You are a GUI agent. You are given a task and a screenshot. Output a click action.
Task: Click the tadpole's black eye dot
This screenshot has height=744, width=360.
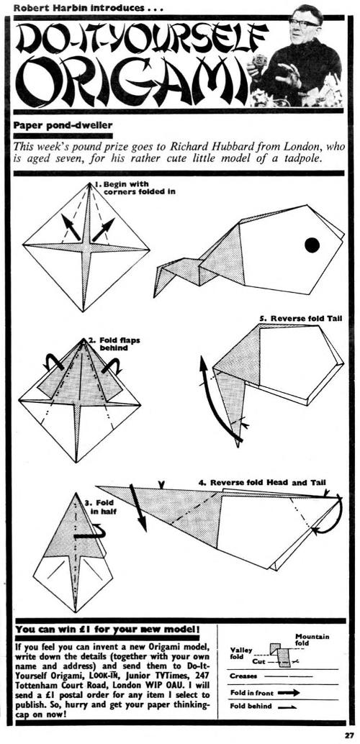(312, 245)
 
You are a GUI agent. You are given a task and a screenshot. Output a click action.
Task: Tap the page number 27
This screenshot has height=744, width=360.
(349, 735)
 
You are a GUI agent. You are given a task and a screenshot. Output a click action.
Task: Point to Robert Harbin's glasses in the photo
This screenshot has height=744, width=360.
(304, 22)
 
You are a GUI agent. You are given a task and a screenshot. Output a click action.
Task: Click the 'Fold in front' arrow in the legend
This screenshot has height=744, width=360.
(289, 692)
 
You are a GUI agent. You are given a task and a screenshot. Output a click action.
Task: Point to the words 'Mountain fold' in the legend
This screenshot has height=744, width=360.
(312, 640)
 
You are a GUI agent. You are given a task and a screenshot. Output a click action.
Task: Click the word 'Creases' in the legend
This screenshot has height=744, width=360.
(243, 676)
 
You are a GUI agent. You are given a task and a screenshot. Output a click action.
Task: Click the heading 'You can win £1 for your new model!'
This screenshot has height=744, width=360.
(108, 630)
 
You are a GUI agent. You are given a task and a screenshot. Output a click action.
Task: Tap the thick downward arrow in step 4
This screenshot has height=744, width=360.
(138, 507)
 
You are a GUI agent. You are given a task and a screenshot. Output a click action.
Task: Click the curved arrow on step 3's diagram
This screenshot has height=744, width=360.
(95, 534)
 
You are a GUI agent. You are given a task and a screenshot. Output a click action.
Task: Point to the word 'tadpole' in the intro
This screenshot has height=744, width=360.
(302, 160)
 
